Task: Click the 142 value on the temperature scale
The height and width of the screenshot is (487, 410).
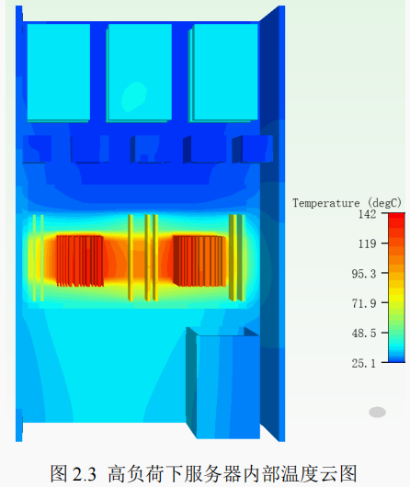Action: point(367,214)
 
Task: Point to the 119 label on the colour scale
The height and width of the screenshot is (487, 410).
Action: point(367,243)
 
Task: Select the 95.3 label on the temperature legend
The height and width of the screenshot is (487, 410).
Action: point(364,274)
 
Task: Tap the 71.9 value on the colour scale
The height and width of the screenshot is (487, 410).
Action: point(364,303)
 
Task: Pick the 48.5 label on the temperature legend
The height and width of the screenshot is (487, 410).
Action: point(364,334)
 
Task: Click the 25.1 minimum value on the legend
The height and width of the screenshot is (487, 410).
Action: point(364,363)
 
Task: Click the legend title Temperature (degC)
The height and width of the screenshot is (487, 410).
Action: point(347,203)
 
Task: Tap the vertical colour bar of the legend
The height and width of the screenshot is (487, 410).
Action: point(396,288)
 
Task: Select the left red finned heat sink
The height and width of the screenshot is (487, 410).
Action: point(80,261)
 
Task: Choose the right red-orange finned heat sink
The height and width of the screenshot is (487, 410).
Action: point(199,261)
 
